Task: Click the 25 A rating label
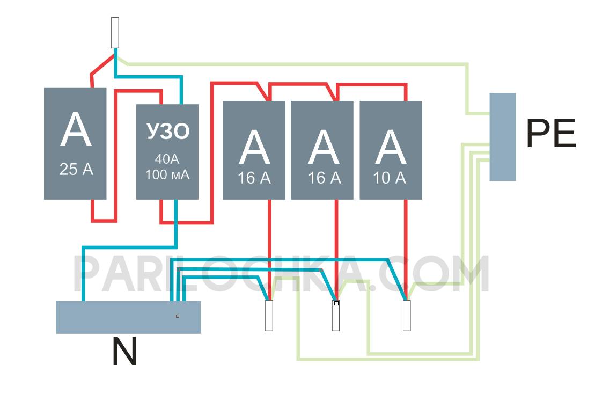point(76,170)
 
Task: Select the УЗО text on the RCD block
point(167,132)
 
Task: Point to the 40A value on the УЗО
point(167,160)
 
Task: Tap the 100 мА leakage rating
point(167,175)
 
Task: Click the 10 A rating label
point(390,178)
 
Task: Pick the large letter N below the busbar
point(124,352)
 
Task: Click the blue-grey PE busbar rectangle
point(503,137)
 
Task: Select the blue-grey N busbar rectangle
point(128,317)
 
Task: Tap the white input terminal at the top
point(114,33)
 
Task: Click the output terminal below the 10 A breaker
point(407,316)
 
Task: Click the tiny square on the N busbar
point(178,316)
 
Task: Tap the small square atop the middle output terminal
point(336,304)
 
